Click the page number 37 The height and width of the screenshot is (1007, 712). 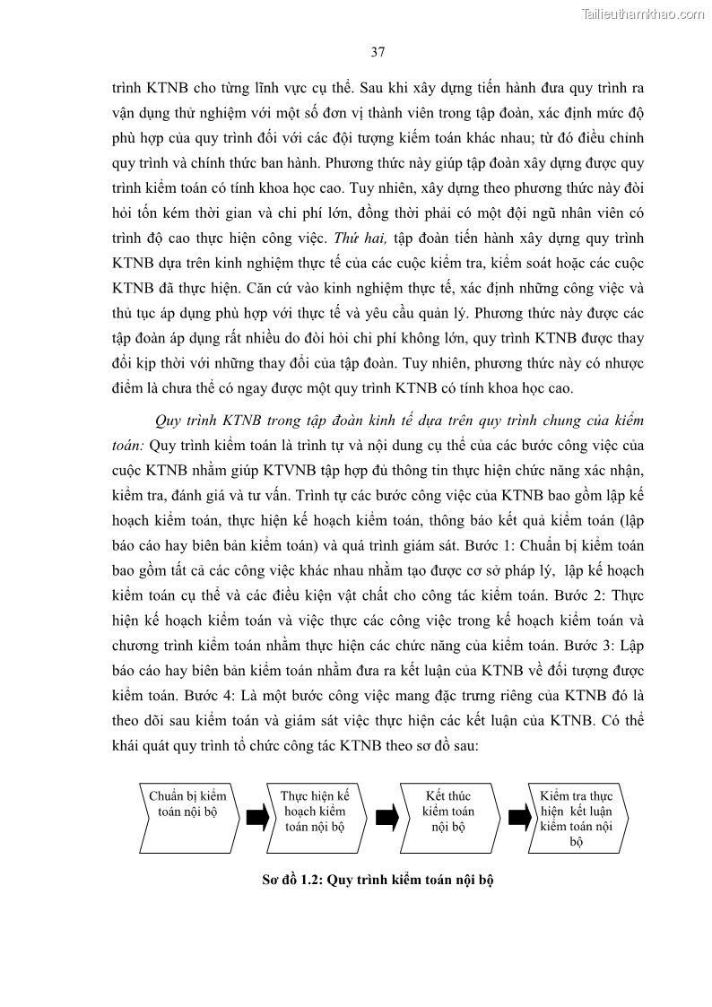[x=378, y=52]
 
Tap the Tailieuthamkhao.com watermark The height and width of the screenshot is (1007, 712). [x=644, y=13]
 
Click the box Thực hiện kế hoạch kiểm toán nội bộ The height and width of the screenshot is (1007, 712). [x=315, y=811]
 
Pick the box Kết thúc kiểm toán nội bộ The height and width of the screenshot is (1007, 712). [x=447, y=811]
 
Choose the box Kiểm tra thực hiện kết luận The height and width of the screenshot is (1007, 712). [x=577, y=817]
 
